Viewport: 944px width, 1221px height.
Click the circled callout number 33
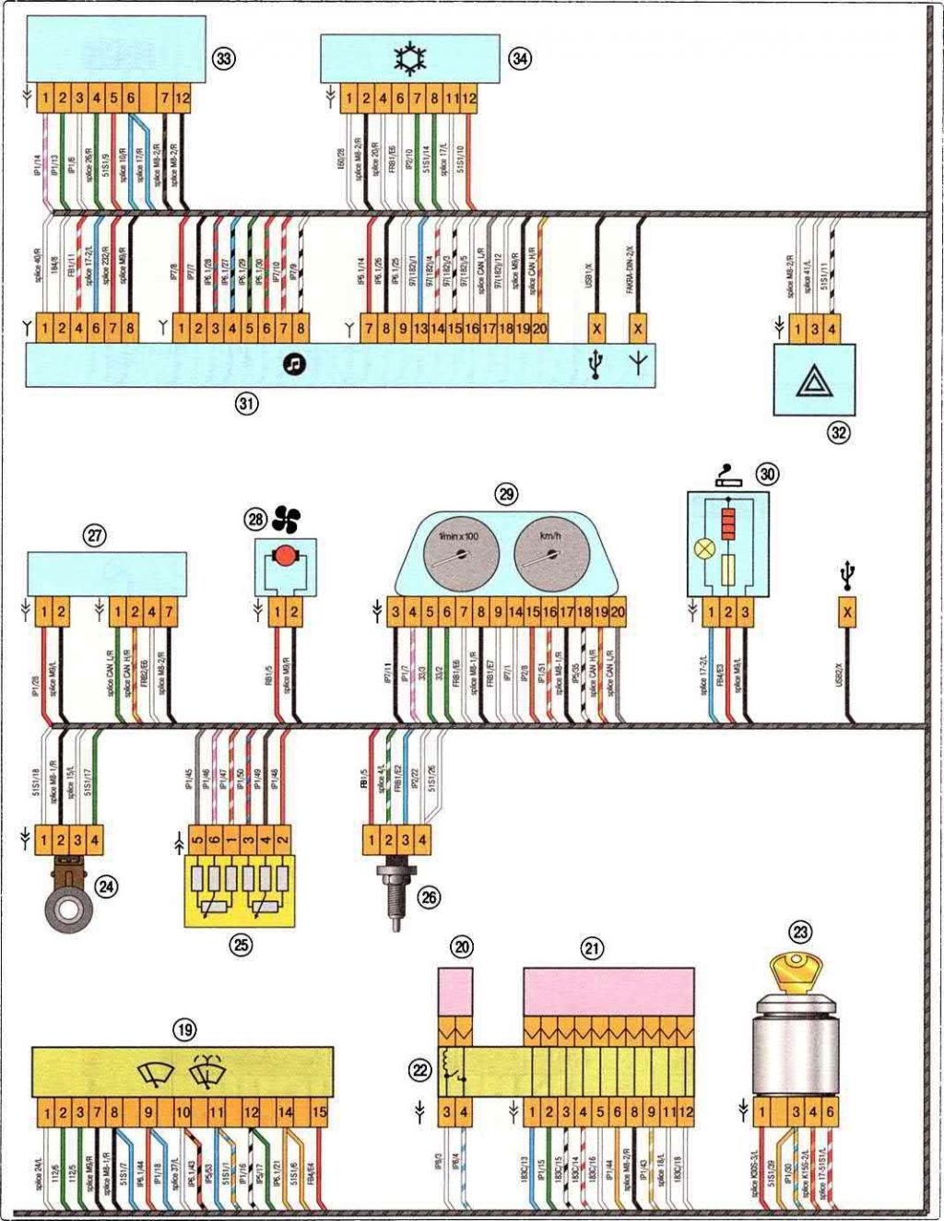click(223, 58)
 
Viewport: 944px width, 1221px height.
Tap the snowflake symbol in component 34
click(408, 59)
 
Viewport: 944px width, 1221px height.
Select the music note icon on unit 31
click(294, 364)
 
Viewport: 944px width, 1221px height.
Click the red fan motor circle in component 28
click(286, 556)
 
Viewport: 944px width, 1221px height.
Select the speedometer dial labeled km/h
click(551, 554)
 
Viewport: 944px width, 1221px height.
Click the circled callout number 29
click(506, 495)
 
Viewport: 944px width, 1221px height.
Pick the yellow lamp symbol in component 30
click(704, 547)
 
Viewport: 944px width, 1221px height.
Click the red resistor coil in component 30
click(728, 524)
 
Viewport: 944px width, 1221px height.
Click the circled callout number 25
click(241, 945)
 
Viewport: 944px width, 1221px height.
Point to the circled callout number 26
click(429, 896)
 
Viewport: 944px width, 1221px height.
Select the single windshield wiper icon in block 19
click(155, 1074)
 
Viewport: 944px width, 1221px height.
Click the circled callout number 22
click(420, 1070)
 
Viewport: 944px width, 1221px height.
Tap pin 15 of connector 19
click(319, 1112)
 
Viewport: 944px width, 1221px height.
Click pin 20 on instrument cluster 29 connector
click(618, 612)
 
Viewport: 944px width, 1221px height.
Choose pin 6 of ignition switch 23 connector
click(830, 1112)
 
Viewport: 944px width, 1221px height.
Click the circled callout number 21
click(592, 948)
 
